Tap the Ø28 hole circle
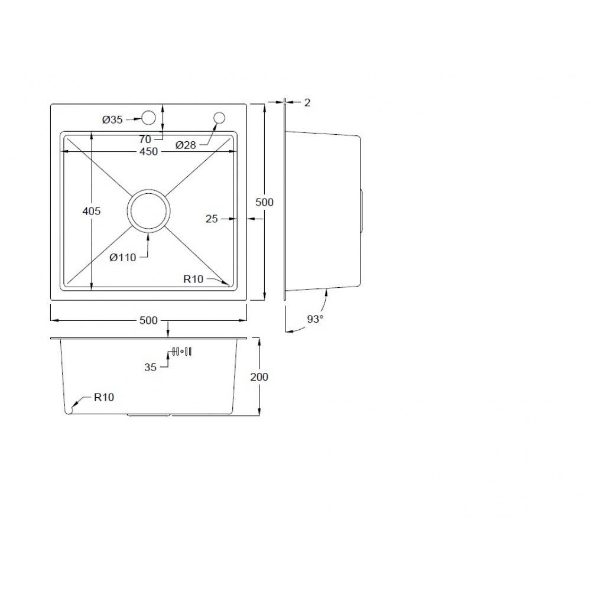click(x=219, y=118)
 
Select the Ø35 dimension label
click(x=112, y=120)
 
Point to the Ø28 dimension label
click(x=186, y=145)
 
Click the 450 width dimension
click(x=148, y=151)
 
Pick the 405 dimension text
click(x=92, y=211)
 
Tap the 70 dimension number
click(x=145, y=139)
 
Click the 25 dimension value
click(x=212, y=219)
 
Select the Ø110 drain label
click(x=123, y=258)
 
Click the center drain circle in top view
click(x=148, y=190)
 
